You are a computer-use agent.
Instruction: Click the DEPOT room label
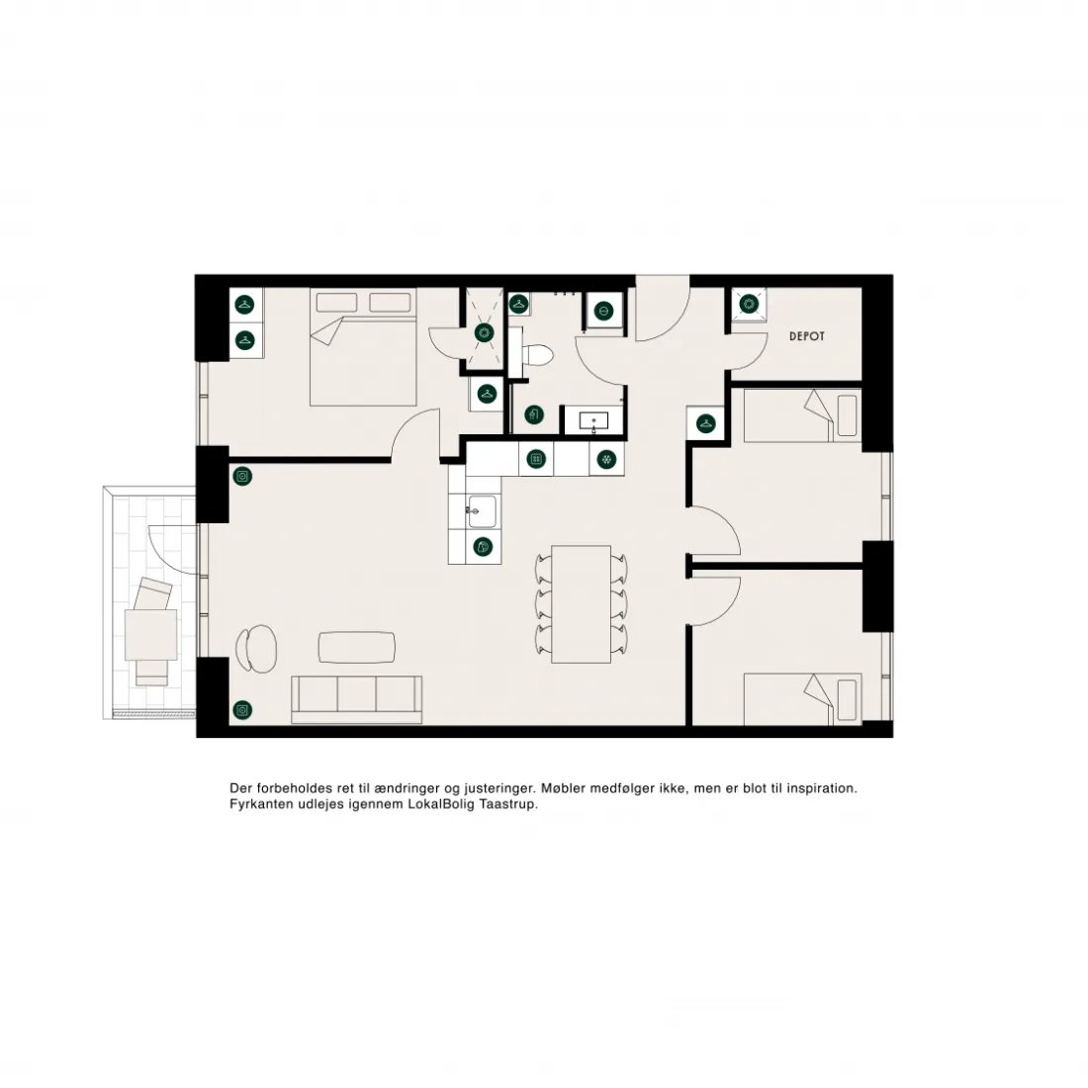point(807,336)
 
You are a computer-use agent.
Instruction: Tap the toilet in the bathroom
point(537,355)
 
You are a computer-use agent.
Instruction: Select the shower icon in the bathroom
point(485,333)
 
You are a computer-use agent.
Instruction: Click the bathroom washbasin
point(593,420)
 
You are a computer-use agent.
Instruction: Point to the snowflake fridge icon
point(606,459)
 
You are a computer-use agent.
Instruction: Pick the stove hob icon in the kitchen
point(536,459)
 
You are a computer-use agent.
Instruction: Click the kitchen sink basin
point(482,511)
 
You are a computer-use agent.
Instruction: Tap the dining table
point(581,603)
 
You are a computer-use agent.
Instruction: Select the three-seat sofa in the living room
point(357,699)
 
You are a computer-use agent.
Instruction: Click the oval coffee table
point(357,648)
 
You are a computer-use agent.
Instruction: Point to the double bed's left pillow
point(336,303)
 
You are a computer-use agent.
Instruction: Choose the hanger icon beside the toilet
point(517,304)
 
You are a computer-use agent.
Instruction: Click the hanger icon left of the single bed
point(705,423)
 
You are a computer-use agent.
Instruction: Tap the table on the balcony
point(150,634)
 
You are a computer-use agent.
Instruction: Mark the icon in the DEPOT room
point(749,304)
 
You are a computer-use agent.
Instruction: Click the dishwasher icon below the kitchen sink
point(483,547)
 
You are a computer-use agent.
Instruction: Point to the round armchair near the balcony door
point(256,649)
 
